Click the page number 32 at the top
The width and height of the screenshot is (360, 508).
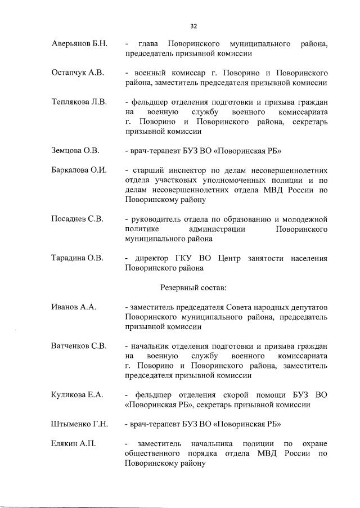point(193,26)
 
